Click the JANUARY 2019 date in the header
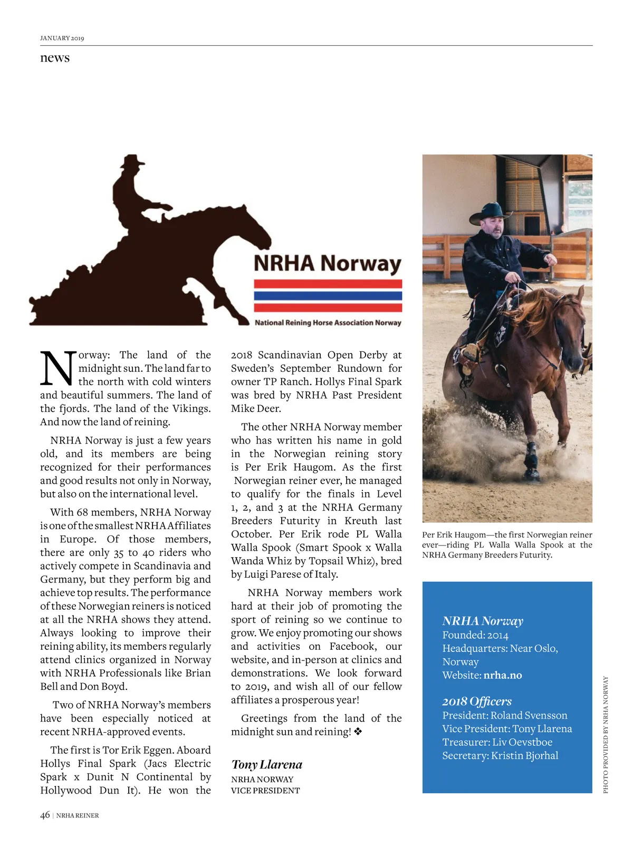62,38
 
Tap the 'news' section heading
55,57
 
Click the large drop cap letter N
57,368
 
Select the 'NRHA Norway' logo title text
327,263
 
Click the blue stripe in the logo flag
328,295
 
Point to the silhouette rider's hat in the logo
133,160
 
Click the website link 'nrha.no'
503,675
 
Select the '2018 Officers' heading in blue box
477,701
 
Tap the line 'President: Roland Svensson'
505,715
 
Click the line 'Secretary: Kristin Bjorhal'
500,755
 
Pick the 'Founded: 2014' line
475,635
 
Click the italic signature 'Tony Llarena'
267,764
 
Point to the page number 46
45,815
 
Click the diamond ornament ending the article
358,732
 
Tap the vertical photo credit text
606,734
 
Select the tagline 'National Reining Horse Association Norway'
328,322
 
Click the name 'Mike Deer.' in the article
256,408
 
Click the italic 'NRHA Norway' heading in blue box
483,621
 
